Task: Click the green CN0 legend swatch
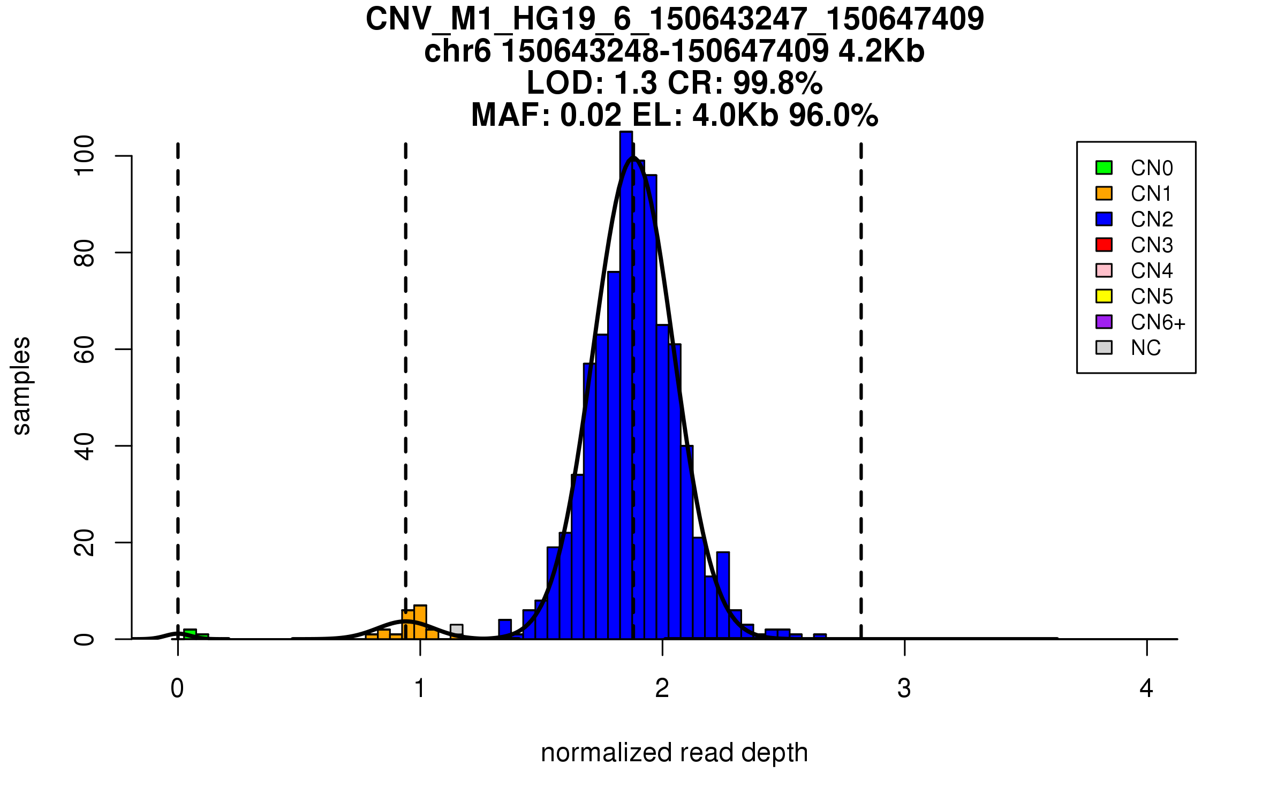(x=1104, y=168)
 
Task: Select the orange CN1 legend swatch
(x=1104, y=193)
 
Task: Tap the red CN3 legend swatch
(x=1104, y=245)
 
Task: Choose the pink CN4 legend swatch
(x=1104, y=270)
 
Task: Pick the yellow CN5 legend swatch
(x=1104, y=296)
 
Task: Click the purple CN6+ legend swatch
(x=1104, y=322)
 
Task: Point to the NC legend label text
(x=1145, y=348)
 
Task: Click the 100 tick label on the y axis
(x=85, y=155)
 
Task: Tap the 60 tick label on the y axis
(x=85, y=349)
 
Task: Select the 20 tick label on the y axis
(x=85, y=542)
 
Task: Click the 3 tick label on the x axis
(x=904, y=688)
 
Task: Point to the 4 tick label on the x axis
(x=1146, y=688)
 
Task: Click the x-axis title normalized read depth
(x=674, y=753)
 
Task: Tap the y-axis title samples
(x=21, y=385)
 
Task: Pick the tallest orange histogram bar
(x=420, y=622)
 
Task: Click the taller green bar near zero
(x=190, y=634)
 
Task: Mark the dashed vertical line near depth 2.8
(x=861, y=375)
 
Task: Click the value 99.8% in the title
(x=777, y=83)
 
